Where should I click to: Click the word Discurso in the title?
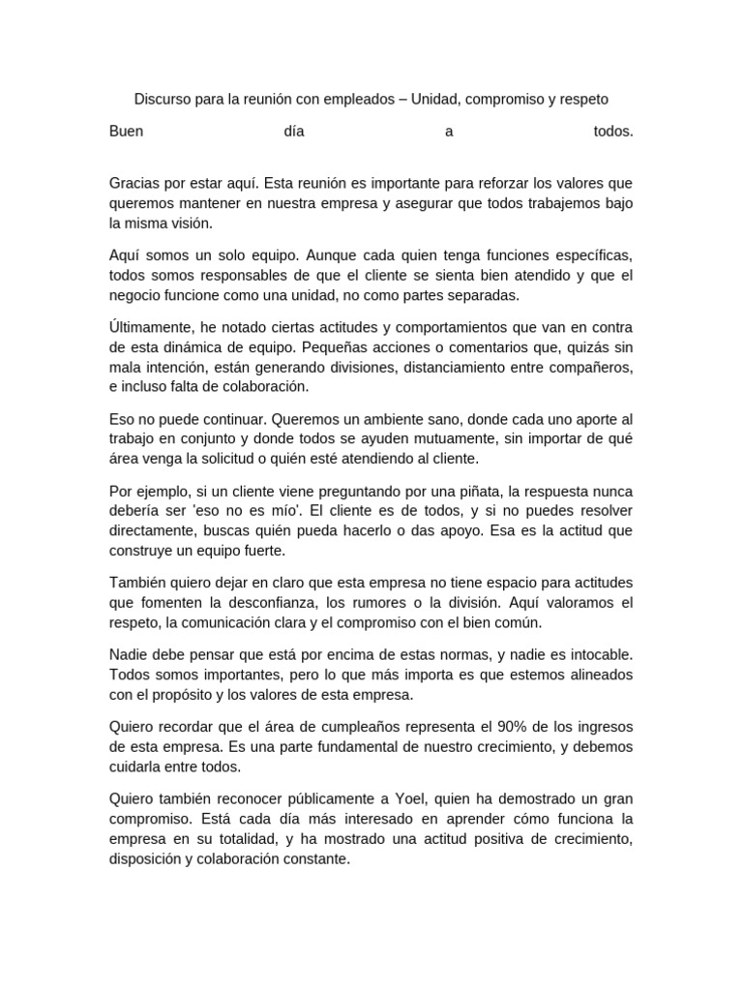click(163, 100)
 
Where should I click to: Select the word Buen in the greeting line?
click(126, 133)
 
